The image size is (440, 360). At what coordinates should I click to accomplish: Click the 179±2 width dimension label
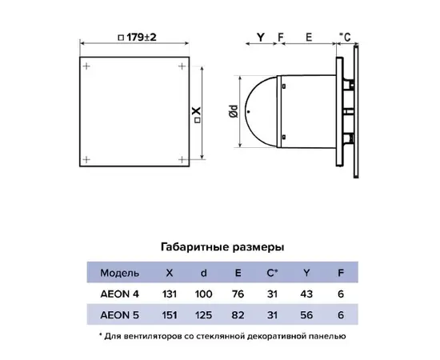coord(138,38)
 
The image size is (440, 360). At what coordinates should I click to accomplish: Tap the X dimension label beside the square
coord(198,114)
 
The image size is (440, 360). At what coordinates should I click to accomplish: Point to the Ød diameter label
coord(234,111)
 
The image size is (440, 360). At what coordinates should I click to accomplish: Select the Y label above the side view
coord(261,37)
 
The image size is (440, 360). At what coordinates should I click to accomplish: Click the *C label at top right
coord(345,37)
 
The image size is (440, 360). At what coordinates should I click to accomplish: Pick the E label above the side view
coord(309,37)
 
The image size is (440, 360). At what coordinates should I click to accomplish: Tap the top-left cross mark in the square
coord(86,66)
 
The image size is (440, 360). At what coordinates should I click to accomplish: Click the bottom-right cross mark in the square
coord(182,160)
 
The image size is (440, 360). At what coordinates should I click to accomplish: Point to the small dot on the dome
coord(249,112)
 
